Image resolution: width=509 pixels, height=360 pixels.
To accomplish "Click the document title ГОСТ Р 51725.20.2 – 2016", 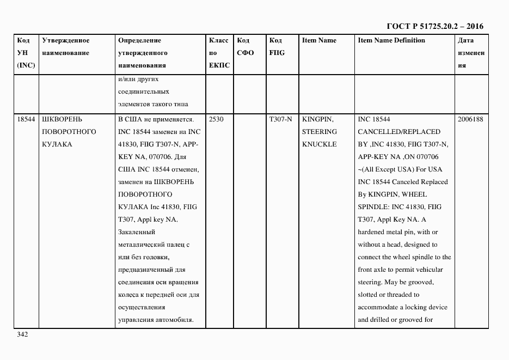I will (434, 26).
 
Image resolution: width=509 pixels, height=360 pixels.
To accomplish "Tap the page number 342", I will (22, 334).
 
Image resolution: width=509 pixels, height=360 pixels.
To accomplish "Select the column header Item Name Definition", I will (391, 40).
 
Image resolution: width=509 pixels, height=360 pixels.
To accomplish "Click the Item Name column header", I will (319, 40).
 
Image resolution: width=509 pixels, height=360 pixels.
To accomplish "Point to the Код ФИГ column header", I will (277, 47).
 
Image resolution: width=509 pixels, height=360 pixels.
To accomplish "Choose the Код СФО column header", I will (246, 47).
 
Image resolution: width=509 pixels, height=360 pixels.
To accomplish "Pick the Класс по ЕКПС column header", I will (219, 53).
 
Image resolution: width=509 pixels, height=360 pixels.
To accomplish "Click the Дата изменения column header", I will (471, 53).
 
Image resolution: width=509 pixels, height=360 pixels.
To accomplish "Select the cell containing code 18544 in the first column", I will (26, 119).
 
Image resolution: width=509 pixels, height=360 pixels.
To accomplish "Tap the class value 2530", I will (216, 119).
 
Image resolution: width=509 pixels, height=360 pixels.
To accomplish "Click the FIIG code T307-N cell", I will (280, 119).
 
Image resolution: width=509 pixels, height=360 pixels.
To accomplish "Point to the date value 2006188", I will (470, 119).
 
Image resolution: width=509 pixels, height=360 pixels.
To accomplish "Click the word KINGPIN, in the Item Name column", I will (318, 119).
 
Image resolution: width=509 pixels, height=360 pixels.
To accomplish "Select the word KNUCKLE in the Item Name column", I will (319, 144).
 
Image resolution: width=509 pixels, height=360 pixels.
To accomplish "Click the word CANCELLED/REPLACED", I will (398, 132).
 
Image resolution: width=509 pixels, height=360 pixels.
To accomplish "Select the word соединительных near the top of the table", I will (143, 91).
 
